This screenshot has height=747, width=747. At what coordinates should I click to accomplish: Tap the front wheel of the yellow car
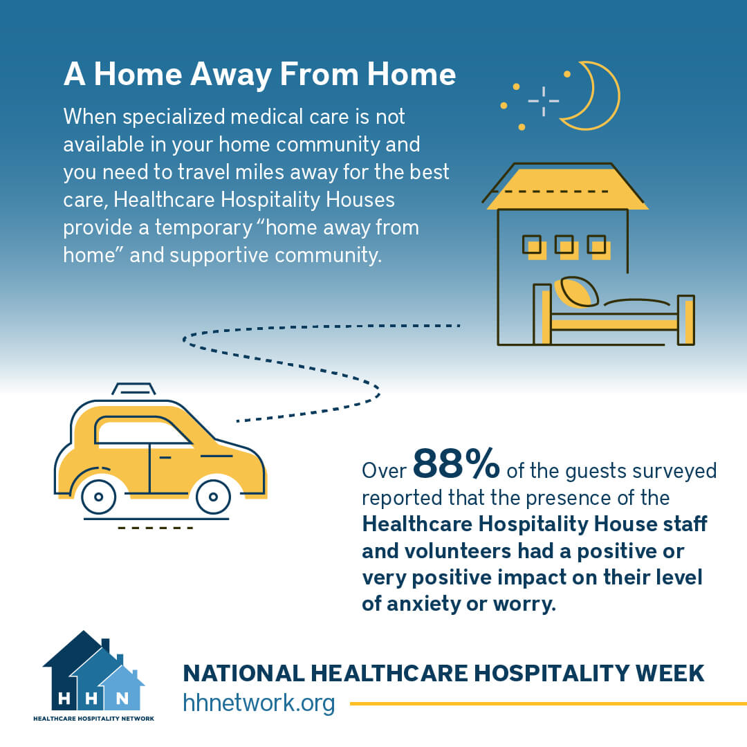[x=213, y=496]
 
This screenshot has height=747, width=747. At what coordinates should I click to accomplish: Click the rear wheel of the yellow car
[x=98, y=496]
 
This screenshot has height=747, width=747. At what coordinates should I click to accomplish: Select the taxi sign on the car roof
[x=134, y=389]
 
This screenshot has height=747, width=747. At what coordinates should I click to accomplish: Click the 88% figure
[x=456, y=464]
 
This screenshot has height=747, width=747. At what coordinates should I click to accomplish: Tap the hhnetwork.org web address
[x=259, y=703]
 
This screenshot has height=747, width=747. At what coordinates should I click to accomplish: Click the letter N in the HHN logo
[x=122, y=698]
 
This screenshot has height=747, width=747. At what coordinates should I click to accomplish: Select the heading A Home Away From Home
[x=259, y=75]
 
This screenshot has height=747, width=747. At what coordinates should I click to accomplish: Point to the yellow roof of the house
[x=567, y=187]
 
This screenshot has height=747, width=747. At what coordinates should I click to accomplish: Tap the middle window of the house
[x=566, y=246]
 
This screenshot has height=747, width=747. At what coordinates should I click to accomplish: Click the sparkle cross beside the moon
[x=543, y=101]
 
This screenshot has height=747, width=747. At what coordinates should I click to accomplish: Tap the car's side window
[x=142, y=433]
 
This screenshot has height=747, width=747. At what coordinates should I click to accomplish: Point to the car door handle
[x=165, y=458]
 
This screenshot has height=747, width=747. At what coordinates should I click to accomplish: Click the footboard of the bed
[x=685, y=320]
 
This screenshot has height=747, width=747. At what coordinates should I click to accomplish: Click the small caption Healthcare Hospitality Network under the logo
[x=93, y=719]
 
